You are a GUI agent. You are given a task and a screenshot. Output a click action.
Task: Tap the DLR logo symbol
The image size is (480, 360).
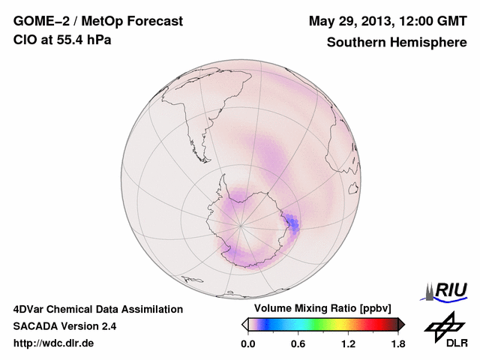tap(443, 327)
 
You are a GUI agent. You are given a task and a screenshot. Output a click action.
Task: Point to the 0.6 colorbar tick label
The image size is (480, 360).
tap(298, 343)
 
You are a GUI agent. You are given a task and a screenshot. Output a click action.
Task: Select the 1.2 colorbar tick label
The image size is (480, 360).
tap(347, 343)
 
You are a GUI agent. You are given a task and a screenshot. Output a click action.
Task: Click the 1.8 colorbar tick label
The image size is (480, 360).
tap(397, 343)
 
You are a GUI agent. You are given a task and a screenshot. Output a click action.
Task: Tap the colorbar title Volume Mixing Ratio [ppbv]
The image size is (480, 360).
tap(322, 308)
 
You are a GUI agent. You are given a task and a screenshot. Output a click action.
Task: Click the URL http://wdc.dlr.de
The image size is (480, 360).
tap(54, 343)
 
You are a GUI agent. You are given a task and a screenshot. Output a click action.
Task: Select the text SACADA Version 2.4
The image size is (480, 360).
tap(64, 326)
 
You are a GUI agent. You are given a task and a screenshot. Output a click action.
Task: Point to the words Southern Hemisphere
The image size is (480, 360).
tap(396, 43)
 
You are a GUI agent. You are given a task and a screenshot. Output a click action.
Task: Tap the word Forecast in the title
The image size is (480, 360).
tap(154, 22)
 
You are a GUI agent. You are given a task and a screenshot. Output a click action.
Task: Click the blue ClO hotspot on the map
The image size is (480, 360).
tap(292, 222)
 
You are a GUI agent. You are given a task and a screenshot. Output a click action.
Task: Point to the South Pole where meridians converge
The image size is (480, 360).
tap(241, 224)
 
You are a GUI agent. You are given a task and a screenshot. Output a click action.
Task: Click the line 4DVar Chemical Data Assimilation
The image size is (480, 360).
tap(98, 309)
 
